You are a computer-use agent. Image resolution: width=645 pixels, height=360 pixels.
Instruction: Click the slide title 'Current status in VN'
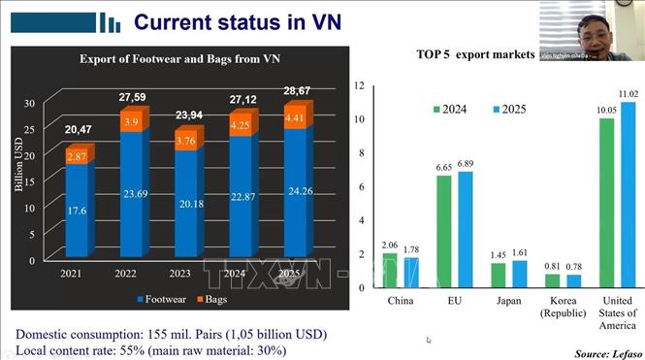coord(237,21)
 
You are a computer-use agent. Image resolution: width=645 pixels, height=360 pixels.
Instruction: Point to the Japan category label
coord(510,300)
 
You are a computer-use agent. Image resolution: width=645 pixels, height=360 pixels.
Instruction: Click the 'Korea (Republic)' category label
coord(564,306)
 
